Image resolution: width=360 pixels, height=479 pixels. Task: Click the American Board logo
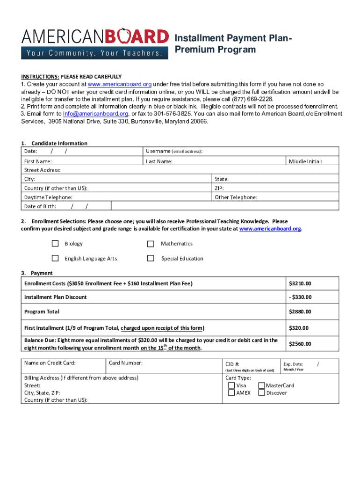[95, 43]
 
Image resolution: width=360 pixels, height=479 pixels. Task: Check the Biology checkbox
[55, 244]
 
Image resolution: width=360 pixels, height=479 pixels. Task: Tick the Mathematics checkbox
[151, 244]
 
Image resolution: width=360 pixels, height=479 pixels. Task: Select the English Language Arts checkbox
[55, 258]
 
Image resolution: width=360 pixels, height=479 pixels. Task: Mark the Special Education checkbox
[151, 258]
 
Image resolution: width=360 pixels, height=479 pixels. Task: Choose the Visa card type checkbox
[231, 385]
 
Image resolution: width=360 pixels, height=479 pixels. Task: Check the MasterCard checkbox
[262, 385]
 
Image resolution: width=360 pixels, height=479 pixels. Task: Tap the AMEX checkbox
[231, 393]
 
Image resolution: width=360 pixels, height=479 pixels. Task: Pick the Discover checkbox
[262, 393]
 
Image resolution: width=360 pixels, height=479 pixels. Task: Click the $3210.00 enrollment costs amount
[300, 283]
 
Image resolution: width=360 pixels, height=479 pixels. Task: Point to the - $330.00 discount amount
[300, 297]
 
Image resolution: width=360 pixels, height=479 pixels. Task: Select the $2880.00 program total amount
[300, 312]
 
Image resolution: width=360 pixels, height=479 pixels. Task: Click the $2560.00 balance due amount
[300, 344]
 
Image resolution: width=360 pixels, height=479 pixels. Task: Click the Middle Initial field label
[305, 161]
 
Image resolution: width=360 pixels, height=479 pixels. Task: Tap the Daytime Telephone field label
[48, 197]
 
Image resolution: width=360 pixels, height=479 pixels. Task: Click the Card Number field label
[125, 363]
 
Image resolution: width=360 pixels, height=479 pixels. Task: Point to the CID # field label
[232, 363]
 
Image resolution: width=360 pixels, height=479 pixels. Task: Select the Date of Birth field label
[40, 206]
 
